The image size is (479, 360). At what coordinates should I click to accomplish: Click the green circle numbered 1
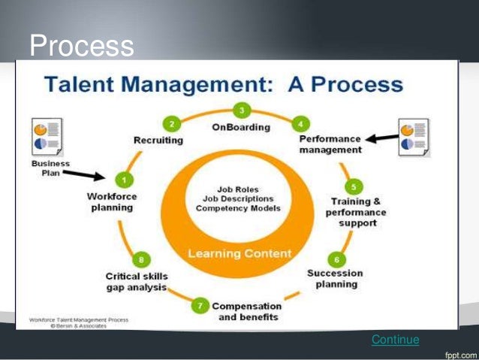tap(123, 180)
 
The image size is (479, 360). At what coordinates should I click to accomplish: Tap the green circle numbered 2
tap(172, 124)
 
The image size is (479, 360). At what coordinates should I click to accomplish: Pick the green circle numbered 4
tap(301, 123)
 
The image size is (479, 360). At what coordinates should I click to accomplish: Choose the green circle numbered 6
tap(336, 259)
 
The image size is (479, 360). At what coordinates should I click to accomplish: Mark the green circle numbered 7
tap(200, 306)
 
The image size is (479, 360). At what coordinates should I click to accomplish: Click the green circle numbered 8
tap(141, 260)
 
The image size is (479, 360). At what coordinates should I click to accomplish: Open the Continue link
tap(395, 340)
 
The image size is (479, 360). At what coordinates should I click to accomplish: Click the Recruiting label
tap(158, 140)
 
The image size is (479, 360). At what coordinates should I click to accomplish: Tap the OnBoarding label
tap(241, 127)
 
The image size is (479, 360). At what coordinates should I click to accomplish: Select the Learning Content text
tap(239, 253)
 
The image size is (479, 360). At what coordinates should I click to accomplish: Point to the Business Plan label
tap(50, 168)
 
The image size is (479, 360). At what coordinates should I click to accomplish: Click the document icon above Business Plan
tap(48, 137)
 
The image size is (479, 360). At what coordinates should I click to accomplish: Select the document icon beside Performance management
tap(414, 138)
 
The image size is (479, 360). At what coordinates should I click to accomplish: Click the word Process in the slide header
tap(81, 47)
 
